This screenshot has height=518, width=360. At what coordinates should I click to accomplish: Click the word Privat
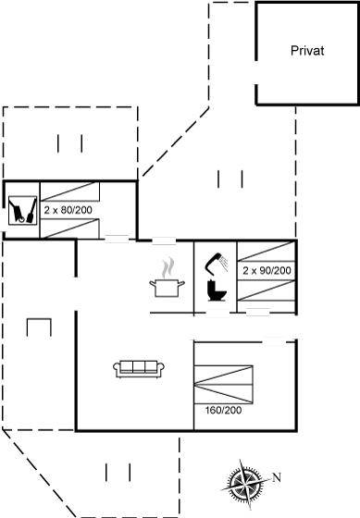pos(307,51)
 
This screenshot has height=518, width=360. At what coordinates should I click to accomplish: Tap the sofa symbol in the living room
pos(139,369)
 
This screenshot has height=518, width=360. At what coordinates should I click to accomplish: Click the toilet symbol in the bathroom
pos(217,290)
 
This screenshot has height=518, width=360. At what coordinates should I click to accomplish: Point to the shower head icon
pos(217,263)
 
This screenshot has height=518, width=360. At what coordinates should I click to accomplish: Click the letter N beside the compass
pos(277,477)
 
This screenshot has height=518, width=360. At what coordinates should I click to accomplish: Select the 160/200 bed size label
pos(223,411)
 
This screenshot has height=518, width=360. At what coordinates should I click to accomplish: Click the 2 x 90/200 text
pos(267,270)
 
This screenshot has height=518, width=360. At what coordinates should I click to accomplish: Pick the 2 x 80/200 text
pos(68,210)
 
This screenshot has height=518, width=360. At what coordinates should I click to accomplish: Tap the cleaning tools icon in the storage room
pos(22,210)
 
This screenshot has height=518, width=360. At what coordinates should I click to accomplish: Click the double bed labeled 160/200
pos(223,384)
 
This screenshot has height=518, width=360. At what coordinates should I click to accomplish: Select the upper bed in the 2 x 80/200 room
pos(69,191)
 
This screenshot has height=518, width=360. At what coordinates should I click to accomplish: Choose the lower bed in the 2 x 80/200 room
pos(69,228)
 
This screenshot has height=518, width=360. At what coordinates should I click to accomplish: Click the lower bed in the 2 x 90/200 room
pos(267,290)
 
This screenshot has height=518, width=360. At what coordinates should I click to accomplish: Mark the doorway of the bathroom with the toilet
pos(217,312)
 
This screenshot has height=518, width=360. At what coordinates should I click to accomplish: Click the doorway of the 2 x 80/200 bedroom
pos(117,239)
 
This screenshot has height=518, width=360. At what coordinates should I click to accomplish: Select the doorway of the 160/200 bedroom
pos(274,341)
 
